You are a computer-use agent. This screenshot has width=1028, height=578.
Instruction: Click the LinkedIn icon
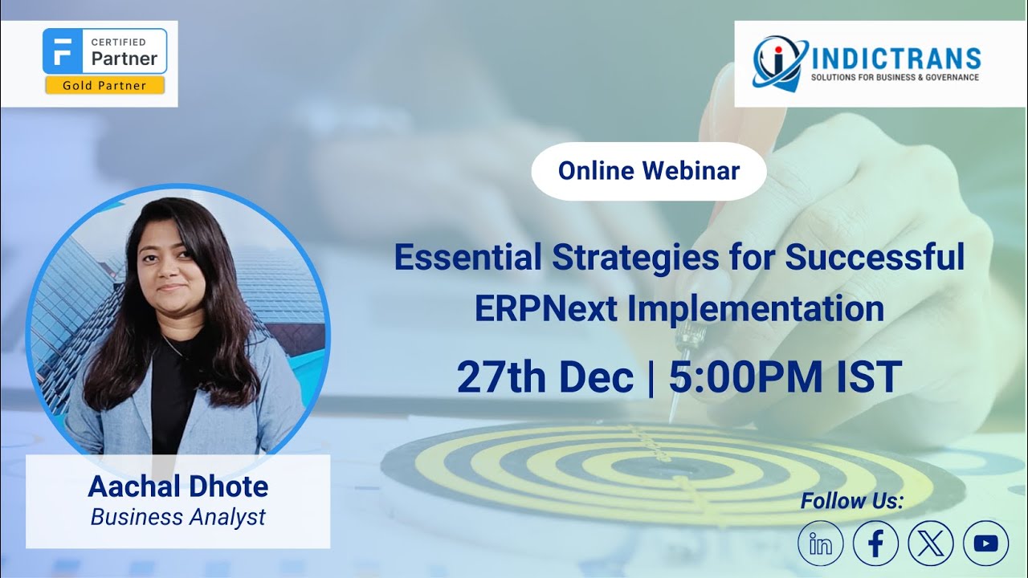[821, 543]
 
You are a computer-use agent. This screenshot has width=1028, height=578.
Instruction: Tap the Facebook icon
[875, 543]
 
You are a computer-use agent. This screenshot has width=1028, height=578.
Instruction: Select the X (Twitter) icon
[931, 543]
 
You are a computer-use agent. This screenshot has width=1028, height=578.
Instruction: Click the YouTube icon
[985, 543]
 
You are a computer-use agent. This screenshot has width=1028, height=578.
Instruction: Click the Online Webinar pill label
[649, 170]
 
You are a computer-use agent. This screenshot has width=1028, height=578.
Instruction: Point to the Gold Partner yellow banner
[105, 85]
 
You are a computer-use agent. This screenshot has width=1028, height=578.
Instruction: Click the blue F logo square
[63, 51]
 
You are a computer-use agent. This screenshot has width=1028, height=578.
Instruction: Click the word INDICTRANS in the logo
[896, 59]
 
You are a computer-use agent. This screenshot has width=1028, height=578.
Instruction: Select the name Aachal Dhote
[178, 486]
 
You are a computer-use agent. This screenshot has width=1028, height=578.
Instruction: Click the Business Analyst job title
[178, 517]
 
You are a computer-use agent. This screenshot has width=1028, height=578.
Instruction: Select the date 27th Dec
[545, 377]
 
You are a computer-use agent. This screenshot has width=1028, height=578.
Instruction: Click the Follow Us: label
[852, 502]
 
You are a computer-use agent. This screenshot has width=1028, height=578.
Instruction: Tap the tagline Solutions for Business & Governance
[895, 78]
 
